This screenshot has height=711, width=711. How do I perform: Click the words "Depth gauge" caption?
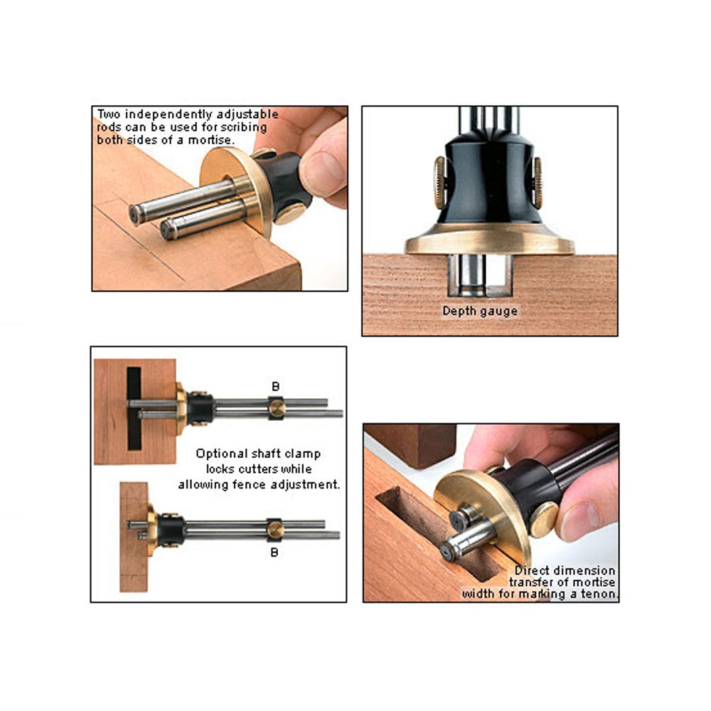tap(480, 311)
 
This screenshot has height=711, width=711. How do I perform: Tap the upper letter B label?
tap(275, 386)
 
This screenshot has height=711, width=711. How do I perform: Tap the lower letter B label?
tap(274, 552)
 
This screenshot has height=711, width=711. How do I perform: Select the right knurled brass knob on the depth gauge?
tap(538, 183)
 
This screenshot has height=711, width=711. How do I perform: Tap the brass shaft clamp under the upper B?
tap(277, 408)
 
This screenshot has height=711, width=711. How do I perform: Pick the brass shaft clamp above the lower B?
tap(274, 530)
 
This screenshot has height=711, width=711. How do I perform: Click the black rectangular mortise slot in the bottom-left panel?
tap(134, 409)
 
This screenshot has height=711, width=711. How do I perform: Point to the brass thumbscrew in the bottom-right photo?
tap(544, 520)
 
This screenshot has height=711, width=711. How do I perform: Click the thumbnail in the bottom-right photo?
tap(580, 521)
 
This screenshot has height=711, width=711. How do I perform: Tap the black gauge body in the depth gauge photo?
tap(489, 181)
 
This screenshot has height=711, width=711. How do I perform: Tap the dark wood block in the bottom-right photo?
tap(410, 444)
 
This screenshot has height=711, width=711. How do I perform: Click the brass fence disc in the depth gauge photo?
tap(490, 240)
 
